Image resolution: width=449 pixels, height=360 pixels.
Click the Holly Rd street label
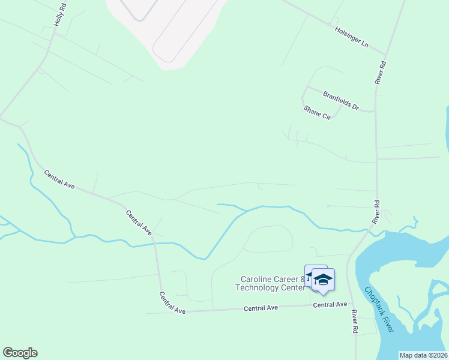click(x=59, y=14)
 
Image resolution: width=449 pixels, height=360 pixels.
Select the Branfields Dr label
click(x=340, y=100)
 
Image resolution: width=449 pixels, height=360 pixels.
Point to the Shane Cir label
click(x=317, y=113)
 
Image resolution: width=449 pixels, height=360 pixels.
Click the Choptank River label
click(x=379, y=309)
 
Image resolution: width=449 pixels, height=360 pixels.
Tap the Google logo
click(x=20, y=353)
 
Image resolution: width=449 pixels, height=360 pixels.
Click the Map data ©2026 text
click(x=423, y=355)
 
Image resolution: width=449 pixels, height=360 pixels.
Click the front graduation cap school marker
click(x=323, y=280)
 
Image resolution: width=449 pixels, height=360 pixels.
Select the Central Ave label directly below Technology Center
click(x=261, y=308)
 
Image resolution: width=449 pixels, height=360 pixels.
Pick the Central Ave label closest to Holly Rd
click(x=59, y=180)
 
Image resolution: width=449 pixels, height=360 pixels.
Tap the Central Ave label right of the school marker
click(x=330, y=305)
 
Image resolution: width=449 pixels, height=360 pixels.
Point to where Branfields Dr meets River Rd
click(x=376, y=112)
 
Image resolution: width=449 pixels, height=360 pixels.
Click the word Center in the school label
click(x=294, y=287)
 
